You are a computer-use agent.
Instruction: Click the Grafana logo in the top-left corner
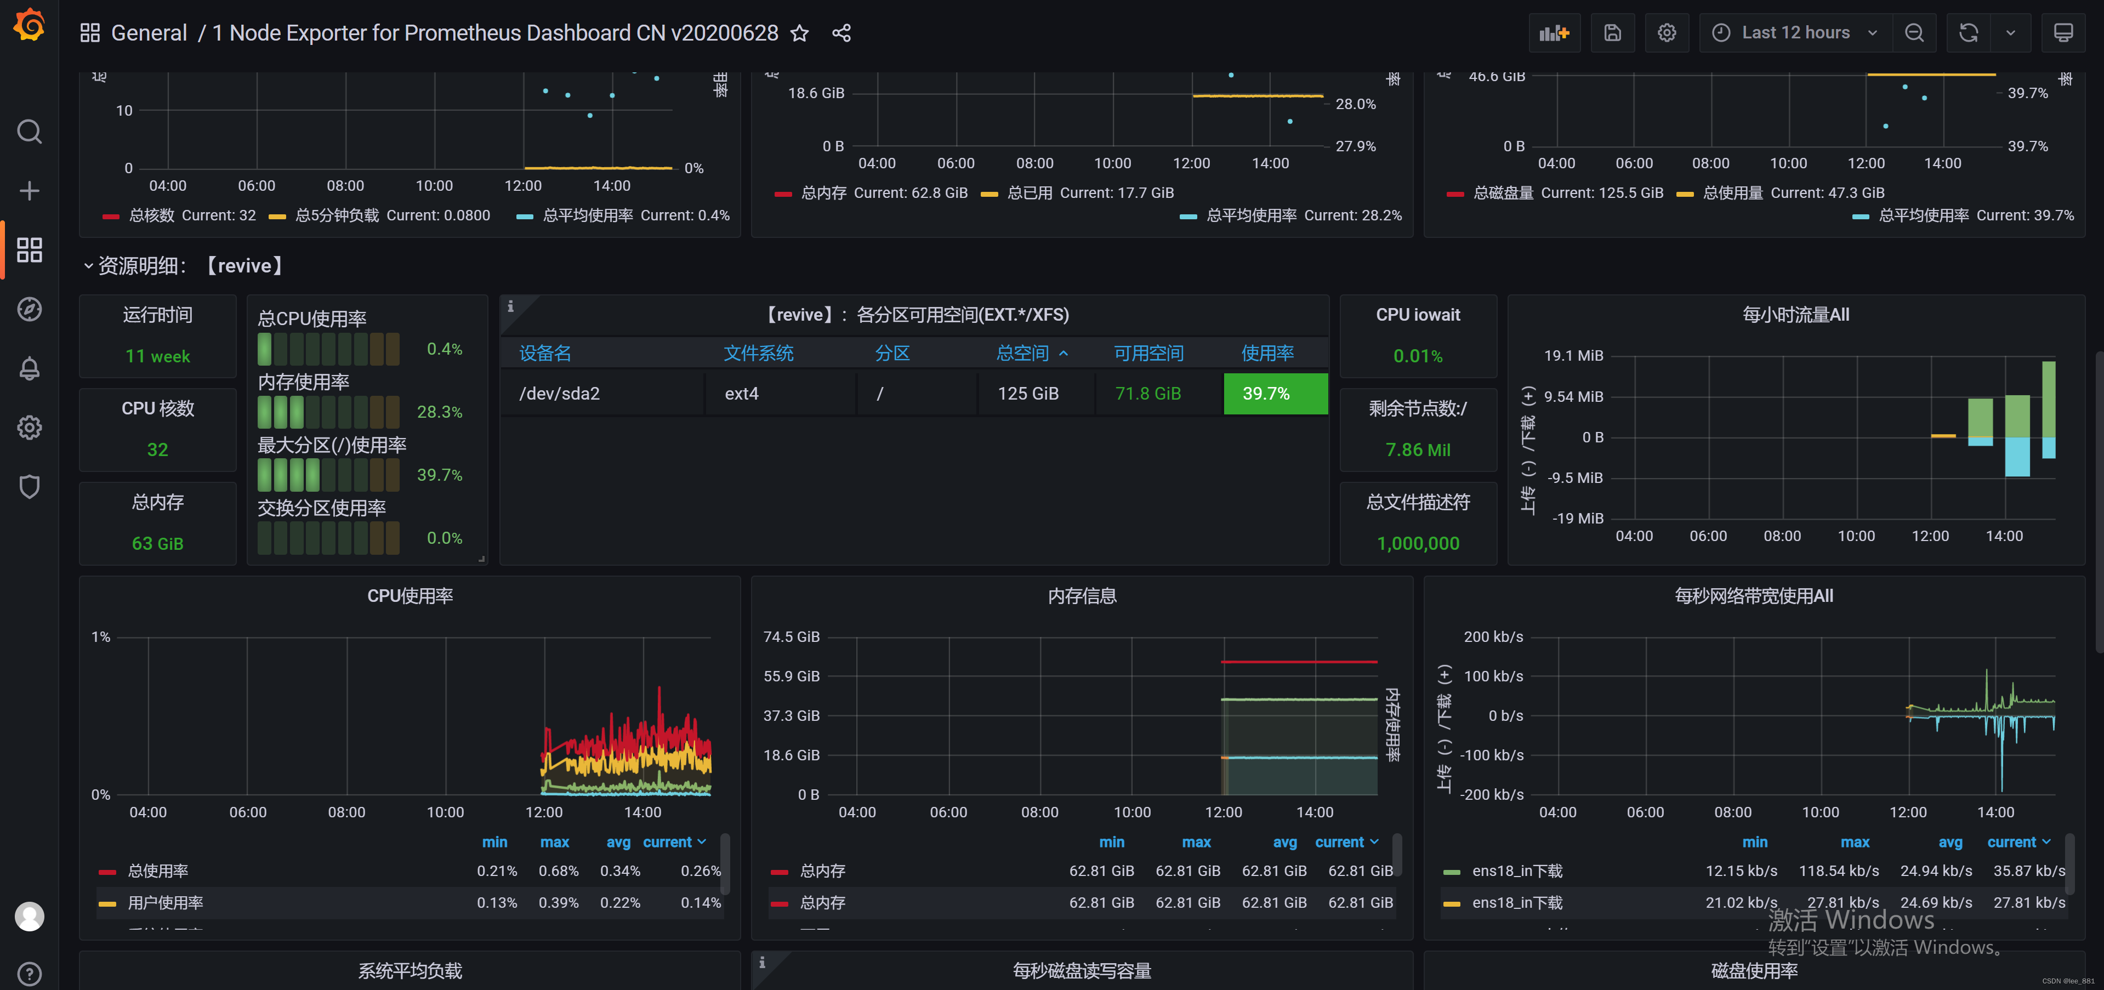tap(30, 25)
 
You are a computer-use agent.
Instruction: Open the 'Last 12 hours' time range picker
tap(1795, 33)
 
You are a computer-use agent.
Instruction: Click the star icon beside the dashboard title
tap(800, 33)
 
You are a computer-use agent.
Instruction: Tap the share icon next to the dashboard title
tap(841, 33)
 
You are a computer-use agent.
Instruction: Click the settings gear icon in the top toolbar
tap(1666, 33)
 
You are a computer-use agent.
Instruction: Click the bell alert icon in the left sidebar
tap(30, 368)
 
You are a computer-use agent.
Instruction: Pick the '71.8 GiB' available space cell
tap(1147, 394)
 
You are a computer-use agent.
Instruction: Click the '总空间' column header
tap(1022, 353)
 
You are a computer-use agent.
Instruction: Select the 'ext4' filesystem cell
tap(742, 394)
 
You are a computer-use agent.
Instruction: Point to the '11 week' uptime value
tap(158, 356)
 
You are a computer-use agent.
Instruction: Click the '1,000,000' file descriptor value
tap(1418, 543)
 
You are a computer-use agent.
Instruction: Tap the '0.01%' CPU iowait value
tap(1418, 356)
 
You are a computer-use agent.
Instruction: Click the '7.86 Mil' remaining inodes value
tap(1418, 450)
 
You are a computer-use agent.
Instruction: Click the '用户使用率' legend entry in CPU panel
tap(166, 903)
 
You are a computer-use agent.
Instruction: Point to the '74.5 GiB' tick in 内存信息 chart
tap(791, 637)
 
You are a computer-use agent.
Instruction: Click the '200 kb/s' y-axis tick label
tap(1493, 637)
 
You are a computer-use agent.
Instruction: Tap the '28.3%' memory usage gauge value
tap(440, 412)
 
